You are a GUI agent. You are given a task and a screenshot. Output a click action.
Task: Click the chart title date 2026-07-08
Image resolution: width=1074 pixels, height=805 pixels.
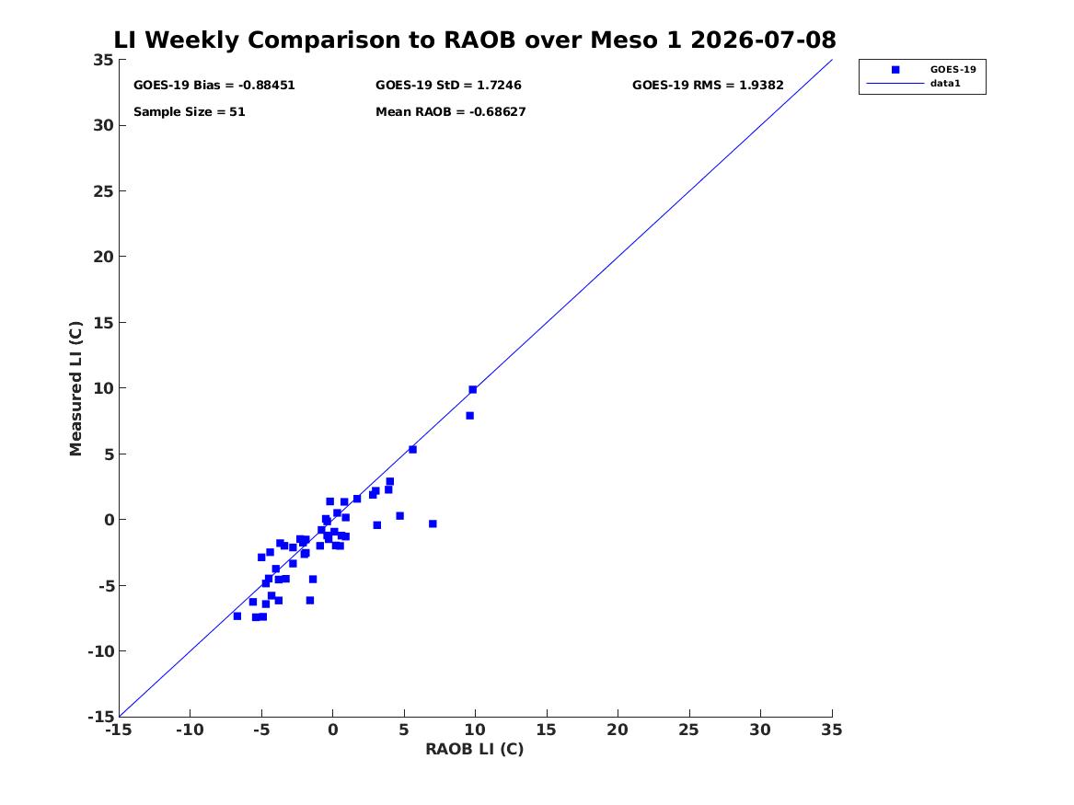763,40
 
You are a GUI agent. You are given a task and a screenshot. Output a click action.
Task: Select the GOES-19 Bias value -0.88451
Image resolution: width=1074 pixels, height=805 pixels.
267,85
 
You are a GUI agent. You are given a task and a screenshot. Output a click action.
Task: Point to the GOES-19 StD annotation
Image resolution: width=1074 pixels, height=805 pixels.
448,85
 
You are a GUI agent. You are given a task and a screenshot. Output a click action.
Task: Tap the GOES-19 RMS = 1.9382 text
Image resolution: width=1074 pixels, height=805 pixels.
708,85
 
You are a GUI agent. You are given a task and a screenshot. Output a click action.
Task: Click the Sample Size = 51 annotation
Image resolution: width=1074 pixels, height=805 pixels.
189,111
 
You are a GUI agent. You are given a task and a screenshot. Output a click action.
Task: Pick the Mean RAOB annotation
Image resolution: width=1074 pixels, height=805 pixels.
450,111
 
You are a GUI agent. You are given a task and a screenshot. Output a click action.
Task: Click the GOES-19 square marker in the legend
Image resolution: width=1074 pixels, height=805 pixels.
895,69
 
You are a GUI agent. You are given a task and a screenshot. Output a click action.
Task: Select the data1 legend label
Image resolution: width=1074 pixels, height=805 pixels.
945,83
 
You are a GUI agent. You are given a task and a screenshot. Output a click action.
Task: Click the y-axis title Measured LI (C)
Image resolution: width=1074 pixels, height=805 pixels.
75,388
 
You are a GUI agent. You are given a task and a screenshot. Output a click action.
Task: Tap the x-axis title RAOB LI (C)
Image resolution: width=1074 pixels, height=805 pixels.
475,749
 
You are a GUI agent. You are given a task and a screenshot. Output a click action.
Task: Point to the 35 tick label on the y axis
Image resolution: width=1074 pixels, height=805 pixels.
103,60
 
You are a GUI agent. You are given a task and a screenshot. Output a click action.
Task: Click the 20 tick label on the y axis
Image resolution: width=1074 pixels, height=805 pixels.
103,256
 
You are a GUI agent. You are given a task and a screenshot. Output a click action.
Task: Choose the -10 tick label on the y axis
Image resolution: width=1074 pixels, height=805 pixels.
100,651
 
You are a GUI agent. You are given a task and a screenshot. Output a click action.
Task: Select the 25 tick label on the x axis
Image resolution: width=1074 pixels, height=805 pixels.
689,730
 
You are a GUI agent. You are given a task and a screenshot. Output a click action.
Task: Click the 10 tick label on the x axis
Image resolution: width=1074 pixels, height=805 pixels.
475,730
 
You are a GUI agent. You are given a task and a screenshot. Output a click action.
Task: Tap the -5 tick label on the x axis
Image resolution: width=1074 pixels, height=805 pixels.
261,730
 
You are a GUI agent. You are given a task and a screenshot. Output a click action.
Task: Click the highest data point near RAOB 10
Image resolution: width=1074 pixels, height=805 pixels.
473,389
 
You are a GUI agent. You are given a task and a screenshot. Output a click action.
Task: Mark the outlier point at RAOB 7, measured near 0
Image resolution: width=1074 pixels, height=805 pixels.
433,523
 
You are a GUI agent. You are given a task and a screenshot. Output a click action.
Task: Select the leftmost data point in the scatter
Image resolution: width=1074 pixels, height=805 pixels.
237,616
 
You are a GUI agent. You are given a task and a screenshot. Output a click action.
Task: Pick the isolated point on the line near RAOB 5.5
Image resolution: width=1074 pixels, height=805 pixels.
412,449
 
